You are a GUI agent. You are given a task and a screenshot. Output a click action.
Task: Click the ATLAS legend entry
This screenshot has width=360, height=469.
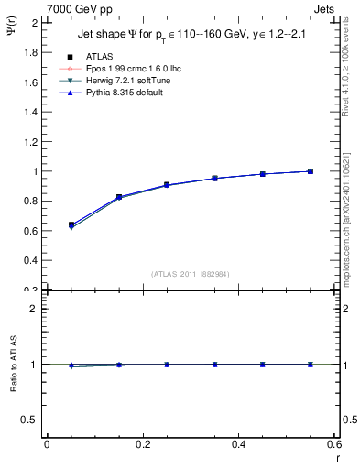(99, 56)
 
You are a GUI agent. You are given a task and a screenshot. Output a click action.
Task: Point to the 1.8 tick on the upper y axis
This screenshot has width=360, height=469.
(32, 52)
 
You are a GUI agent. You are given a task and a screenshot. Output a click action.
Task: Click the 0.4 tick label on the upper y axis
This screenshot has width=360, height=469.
(32, 260)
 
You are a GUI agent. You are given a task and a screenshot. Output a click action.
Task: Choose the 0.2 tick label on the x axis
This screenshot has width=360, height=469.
(142, 444)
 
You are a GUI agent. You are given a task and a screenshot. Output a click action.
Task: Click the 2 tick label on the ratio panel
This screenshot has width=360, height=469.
(35, 309)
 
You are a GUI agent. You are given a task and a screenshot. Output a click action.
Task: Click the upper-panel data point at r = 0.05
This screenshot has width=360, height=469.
(71, 224)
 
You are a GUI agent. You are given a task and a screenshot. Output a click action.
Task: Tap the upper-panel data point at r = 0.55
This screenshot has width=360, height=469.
(311, 171)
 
